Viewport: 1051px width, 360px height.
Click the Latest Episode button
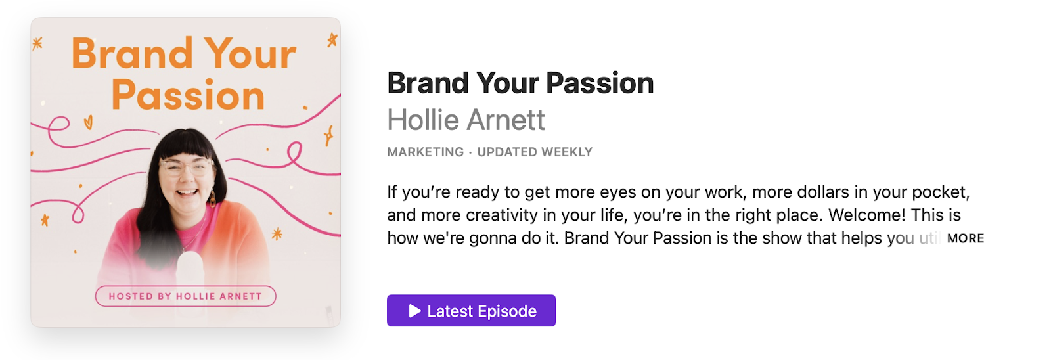(x=471, y=310)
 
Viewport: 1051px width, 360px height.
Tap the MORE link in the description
(x=966, y=238)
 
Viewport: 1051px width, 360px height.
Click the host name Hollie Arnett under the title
(x=466, y=120)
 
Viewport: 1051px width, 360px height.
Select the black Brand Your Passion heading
(x=520, y=83)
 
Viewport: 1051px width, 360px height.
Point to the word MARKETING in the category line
(x=426, y=152)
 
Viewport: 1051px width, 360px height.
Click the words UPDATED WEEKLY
(x=535, y=152)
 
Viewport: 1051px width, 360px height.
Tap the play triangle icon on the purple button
(x=414, y=311)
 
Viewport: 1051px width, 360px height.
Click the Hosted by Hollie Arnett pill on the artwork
(x=185, y=296)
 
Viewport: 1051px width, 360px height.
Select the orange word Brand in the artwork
(x=132, y=54)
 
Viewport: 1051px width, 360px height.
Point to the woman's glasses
(x=186, y=167)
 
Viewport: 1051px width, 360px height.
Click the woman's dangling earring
(x=213, y=197)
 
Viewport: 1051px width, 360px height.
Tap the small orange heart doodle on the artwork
(x=88, y=122)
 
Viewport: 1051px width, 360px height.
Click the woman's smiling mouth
(x=187, y=192)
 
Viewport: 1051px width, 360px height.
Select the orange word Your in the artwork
(x=250, y=54)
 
